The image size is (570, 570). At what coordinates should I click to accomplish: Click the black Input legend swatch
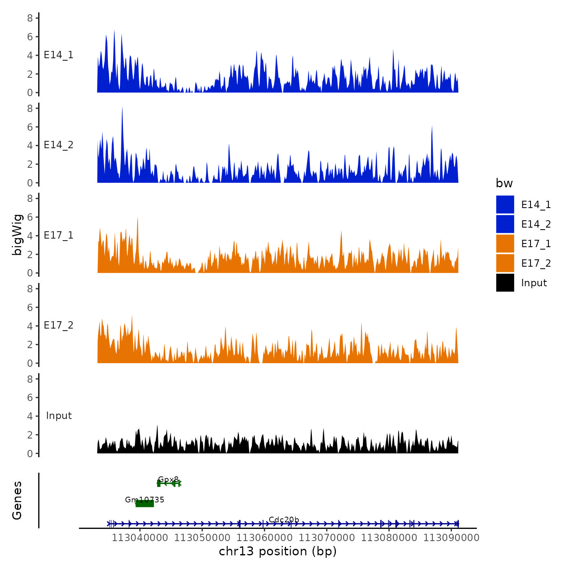(x=505, y=283)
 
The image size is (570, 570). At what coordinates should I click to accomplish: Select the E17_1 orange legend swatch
(x=505, y=243)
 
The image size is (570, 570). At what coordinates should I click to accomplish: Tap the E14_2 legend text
(x=536, y=224)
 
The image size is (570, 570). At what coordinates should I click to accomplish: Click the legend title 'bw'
(x=504, y=183)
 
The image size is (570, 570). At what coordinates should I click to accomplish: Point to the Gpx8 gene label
(x=168, y=479)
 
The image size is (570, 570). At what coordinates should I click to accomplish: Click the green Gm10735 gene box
(x=145, y=504)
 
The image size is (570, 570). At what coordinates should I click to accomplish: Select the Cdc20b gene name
(x=284, y=520)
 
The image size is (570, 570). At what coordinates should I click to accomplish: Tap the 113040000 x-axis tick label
(x=140, y=538)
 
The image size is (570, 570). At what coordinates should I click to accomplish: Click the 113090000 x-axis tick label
(x=451, y=538)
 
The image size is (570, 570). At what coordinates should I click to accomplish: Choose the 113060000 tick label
(x=264, y=538)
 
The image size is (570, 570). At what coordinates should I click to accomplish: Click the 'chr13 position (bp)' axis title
(x=278, y=551)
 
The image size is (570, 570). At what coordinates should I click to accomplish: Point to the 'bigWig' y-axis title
(x=17, y=235)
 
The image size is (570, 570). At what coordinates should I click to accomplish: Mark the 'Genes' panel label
(x=17, y=500)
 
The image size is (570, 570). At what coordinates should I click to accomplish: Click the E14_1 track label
(x=59, y=55)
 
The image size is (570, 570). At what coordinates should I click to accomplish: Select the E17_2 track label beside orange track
(x=59, y=325)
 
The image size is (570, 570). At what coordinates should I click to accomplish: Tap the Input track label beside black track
(x=59, y=416)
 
